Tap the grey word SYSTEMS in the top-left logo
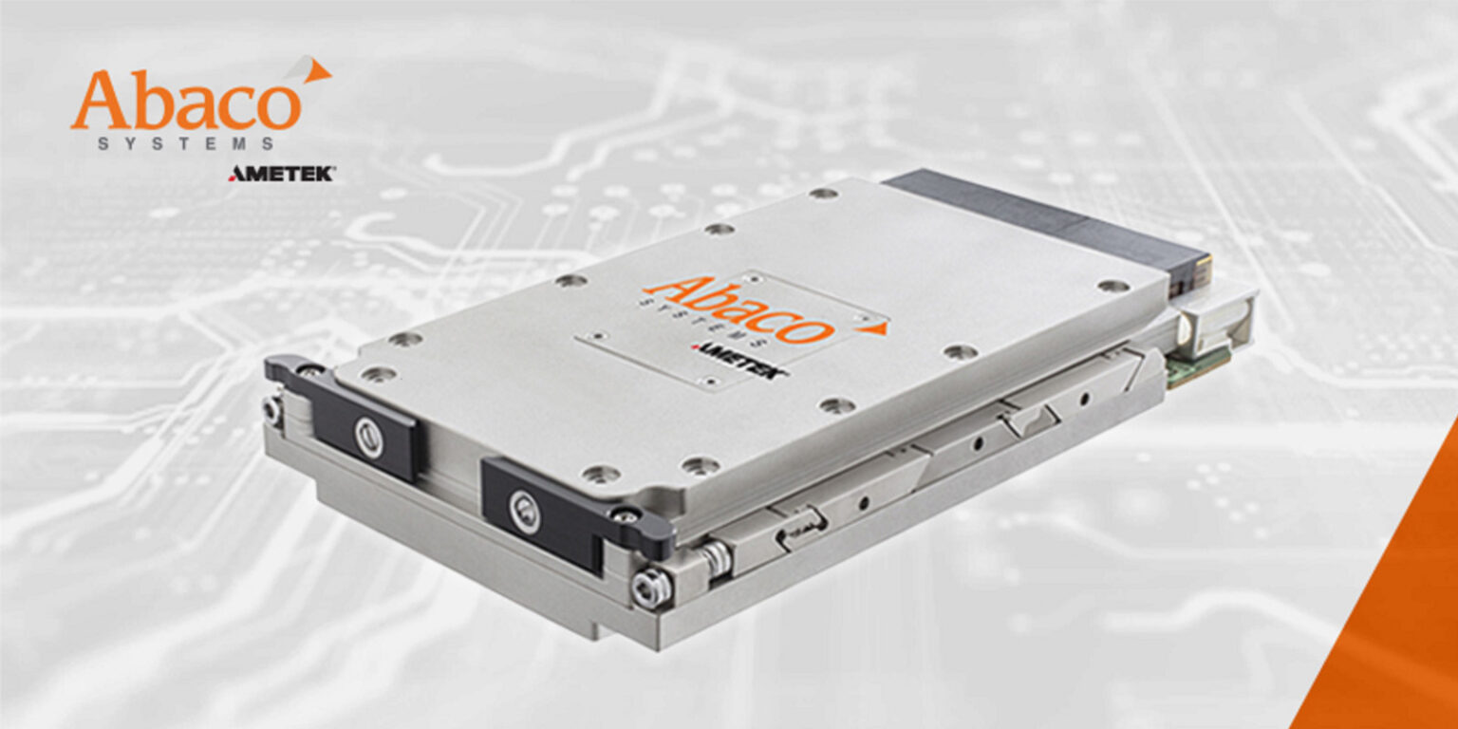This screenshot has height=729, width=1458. pyautogui.click(x=186, y=144)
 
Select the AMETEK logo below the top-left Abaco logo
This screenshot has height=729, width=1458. pyautogui.click(x=281, y=174)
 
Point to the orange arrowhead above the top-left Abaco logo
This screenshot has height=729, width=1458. pyautogui.click(x=317, y=69)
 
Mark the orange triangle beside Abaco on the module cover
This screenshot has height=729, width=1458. pyautogui.click(x=875, y=327)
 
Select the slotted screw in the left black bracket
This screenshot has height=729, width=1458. pyautogui.click(x=369, y=438)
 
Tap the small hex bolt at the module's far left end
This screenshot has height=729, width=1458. pyautogui.click(x=272, y=410)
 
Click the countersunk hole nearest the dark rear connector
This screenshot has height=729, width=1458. pyautogui.click(x=1112, y=285)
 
